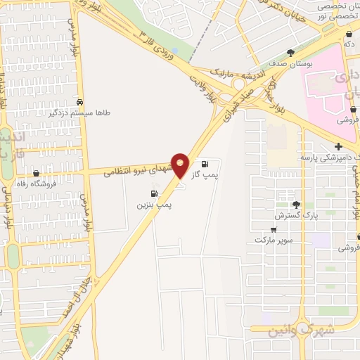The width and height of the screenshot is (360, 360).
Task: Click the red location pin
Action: (180, 165)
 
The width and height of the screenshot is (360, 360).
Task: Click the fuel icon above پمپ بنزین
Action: (153, 193)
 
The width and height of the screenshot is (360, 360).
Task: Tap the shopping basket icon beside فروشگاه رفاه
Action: (37, 173)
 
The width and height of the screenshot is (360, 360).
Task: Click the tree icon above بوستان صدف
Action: (290, 53)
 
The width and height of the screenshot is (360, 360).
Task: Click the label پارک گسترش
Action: (296, 214)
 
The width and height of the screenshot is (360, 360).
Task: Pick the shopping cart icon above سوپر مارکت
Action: (274, 229)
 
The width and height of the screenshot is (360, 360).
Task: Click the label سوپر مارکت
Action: (274, 240)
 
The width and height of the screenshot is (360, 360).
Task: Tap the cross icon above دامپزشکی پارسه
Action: (339, 146)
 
